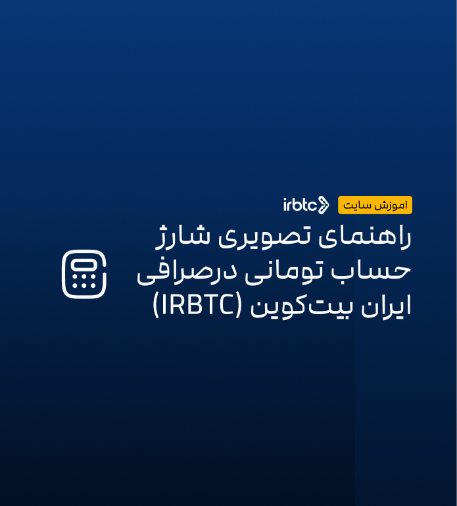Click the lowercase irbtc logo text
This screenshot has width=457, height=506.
tap(299, 205)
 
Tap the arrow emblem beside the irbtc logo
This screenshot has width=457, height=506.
tap(323, 205)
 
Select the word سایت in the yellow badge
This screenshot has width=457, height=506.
tap(358, 205)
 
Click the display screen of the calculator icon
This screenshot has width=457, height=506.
tap(84, 265)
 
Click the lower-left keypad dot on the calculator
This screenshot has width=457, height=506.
tap(75, 286)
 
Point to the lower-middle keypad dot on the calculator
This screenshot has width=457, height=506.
tap(84, 286)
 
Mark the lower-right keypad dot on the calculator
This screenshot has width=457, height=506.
tap(93, 286)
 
